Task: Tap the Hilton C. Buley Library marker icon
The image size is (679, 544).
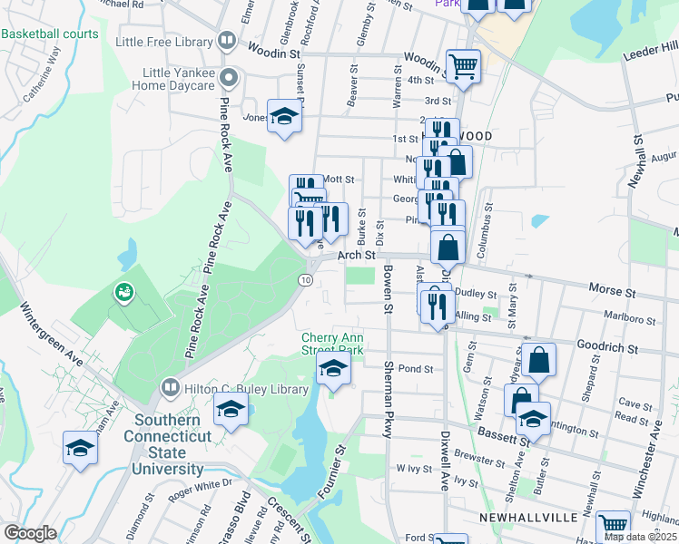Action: [168, 388]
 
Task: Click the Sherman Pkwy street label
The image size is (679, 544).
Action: [388, 399]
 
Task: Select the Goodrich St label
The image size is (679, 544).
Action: [607, 348]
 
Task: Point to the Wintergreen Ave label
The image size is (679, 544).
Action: [54, 335]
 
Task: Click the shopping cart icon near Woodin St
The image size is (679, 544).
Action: [463, 65]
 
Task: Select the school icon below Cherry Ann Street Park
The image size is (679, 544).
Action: [333, 368]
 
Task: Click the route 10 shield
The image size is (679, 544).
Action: [306, 279]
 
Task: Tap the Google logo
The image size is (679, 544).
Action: [30, 532]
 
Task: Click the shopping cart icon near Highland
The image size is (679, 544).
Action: [613, 524]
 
